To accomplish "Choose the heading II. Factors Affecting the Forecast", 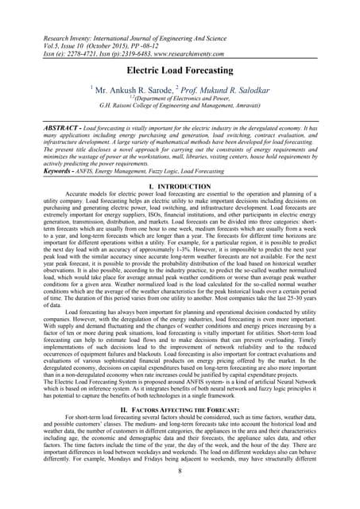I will [x=180, y=407].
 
